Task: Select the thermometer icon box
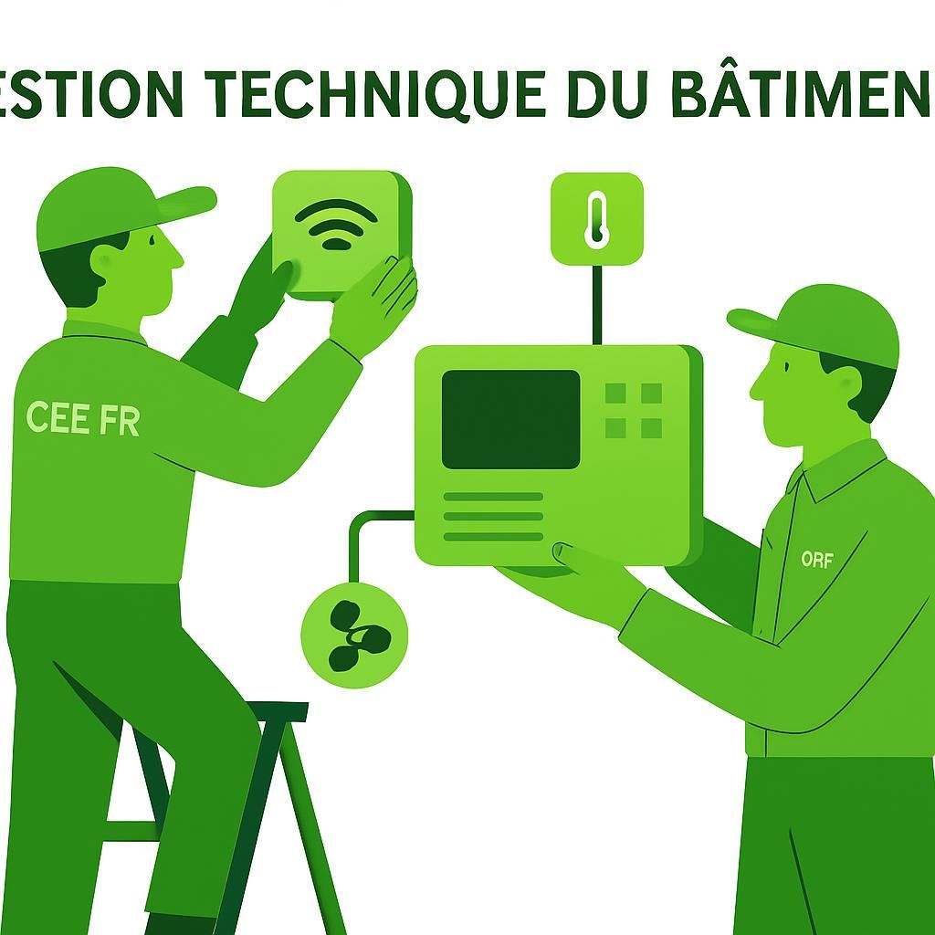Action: [596, 218]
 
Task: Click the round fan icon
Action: [354, 635]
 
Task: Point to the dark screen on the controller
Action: [510, 419]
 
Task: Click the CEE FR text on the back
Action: [83, 417]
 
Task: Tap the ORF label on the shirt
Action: [816, 559]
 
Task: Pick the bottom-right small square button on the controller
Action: [651, 427]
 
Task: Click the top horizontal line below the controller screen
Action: [493, 497]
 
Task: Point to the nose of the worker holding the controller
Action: [757, 390]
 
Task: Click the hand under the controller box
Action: [584, 575]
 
